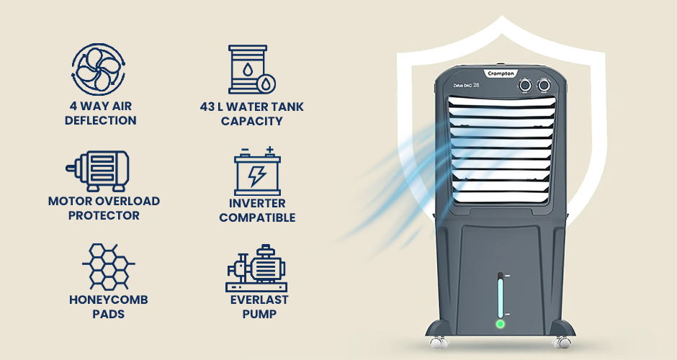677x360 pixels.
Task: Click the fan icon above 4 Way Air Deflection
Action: point(99,69)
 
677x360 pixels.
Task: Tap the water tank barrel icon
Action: point(251,70)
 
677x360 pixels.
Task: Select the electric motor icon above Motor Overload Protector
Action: point(97,171)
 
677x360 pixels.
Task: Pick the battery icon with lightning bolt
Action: point(257,171)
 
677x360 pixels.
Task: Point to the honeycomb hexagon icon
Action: point(108,266)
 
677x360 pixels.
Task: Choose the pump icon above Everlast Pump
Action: point(256,269)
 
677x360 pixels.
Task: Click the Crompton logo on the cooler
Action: point(501,73)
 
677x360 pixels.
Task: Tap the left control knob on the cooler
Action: point(525,85)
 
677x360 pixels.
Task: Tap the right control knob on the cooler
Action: point(544,85)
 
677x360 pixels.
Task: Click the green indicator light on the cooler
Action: point(501,324)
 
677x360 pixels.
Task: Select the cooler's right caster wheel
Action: point(561,342)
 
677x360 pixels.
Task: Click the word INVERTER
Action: point(257,203)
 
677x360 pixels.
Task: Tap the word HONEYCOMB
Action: point(108,300)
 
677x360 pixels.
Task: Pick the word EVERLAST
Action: point(259,300)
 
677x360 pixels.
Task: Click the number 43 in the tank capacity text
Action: point(207,107)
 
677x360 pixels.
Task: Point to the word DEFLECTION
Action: point(101,120)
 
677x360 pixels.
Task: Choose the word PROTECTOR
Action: point(104,215)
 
